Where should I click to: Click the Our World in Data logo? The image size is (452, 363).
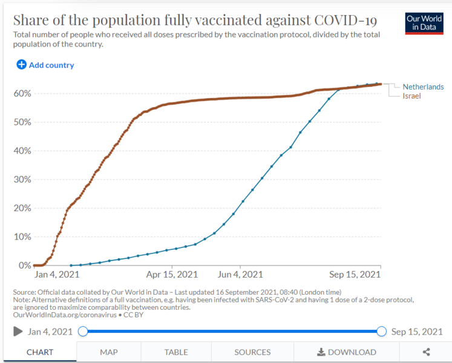[x=424, y=24]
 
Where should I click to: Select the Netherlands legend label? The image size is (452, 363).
[x=423, y=87]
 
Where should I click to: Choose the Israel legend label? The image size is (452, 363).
[x=411, y=96]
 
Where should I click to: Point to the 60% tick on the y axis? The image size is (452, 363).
[x=22, y=93]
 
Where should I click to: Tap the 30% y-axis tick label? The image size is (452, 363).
[x=22, y=179]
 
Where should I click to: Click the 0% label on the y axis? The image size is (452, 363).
[x=25, y=265]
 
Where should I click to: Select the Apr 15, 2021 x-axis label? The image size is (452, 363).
[x=172, y=274]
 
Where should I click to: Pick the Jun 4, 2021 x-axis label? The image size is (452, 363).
[x=240, y=274]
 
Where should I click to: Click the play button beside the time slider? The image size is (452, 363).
[x=18, y=332]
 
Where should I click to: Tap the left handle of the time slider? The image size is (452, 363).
[x=83, y=332]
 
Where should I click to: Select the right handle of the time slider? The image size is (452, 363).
[x=381, y=332]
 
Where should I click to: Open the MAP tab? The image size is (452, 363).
[x=109, y=352]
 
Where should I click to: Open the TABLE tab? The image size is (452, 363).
[x=176, y=352]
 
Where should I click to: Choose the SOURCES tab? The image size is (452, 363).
[x=252, y=352]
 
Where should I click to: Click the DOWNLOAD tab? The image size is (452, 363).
[x=347, y=352]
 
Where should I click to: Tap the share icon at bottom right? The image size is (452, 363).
[x=426, y=352]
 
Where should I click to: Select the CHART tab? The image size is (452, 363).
[x=40, y=352]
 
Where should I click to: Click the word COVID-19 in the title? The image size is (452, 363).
[x=346, y=20]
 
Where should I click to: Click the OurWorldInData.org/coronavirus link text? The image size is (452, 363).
[x=65, y=315]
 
